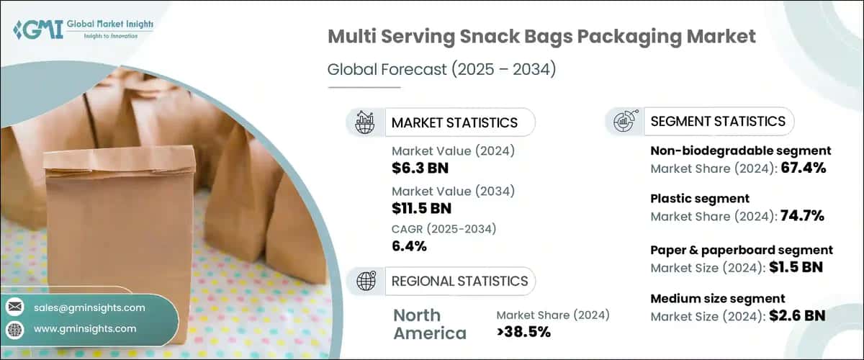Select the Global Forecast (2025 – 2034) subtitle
441,70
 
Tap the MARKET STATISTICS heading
454,122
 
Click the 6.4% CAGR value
409,247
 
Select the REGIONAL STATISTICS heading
459,281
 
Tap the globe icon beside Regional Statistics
365,280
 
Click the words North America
430,324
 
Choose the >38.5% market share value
523,331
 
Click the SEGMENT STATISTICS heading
717,122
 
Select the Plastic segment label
690,198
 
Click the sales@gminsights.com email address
89,307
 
